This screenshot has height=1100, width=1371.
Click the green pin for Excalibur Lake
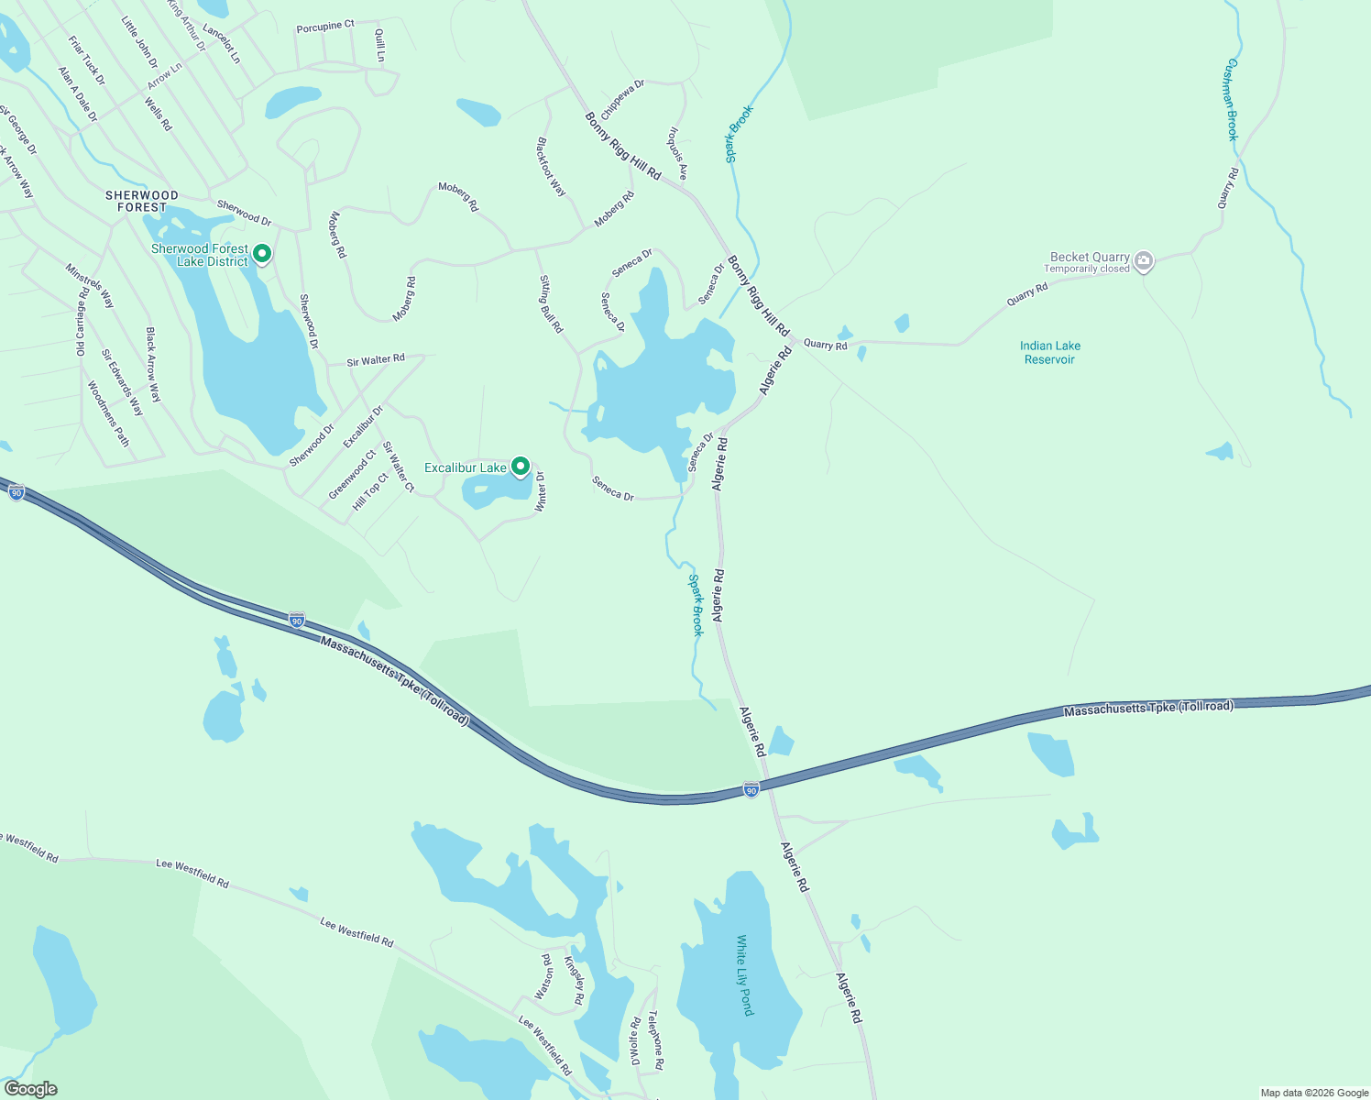point(521,467)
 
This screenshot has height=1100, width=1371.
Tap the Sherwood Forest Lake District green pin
point(261,253)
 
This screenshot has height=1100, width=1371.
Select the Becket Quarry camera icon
point(1143,262)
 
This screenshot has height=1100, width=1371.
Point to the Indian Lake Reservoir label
point(1049,353)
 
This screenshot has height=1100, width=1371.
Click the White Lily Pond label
point(744,974)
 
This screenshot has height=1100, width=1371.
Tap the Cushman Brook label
point(1233,100)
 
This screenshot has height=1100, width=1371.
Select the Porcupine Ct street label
point(324,27)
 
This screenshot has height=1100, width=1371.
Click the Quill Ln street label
point(380,46)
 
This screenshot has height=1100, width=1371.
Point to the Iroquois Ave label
point(676,154)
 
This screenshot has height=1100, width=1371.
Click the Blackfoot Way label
point(552,167)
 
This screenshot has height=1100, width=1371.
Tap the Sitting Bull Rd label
point(551,303)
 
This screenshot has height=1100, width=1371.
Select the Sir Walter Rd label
point(376,360)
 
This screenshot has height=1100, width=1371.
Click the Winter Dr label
point(541,491)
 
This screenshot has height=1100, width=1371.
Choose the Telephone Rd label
point(655,1040)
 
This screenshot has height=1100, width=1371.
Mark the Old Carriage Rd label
point(82,322)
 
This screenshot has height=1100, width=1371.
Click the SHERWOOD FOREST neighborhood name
point(142,201)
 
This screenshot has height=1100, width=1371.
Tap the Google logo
point(30,1089)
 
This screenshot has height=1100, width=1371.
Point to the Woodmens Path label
point(108,413)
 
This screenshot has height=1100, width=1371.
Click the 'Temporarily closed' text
point(1087,269)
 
